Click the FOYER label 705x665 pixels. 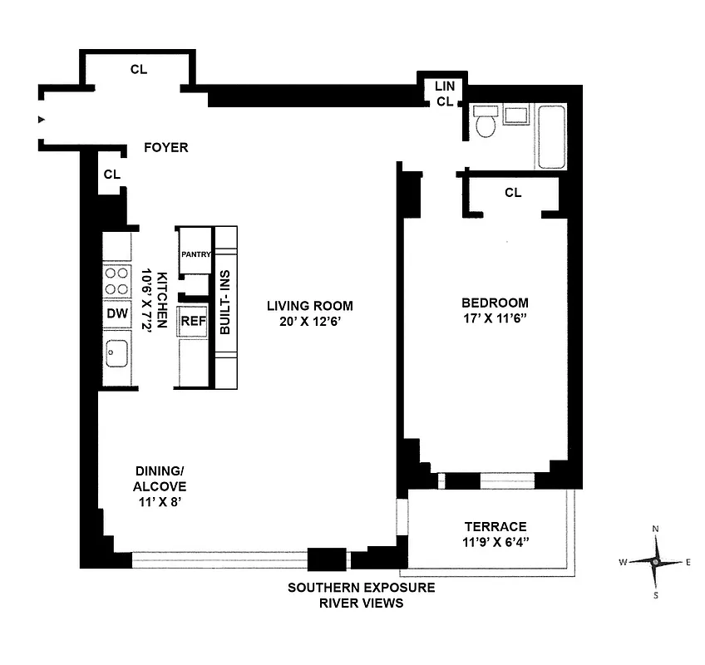[x=166, y=148]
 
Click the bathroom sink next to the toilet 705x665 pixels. [x=515, y=115]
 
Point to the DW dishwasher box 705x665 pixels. [x=116, y=313]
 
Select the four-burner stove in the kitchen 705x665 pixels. [x=116, y=280]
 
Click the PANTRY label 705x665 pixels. [x=195, y=255]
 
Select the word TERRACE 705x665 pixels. [x=495, y=526]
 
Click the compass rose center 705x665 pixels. [x=656, y=562]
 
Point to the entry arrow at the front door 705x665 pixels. [x=41, y=120]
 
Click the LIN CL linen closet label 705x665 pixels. [x=444, y=94]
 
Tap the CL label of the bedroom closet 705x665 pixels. [x=513, y=193]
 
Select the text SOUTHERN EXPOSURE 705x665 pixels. [x=361, y=588]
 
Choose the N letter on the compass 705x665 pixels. [x=656, y=530]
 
